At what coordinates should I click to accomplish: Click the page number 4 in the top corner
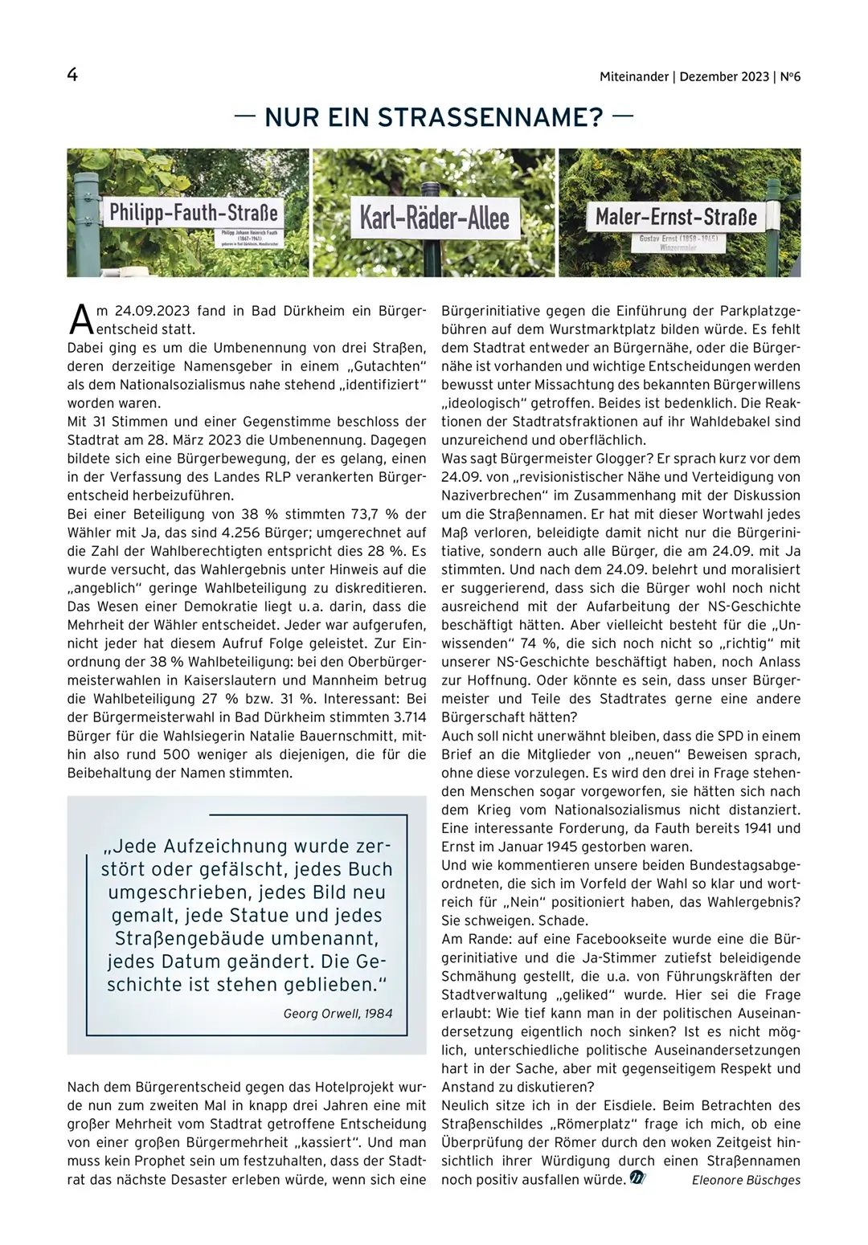pyautogui.click(x=72, y=76)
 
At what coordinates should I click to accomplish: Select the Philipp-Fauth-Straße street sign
pyautogui.click(x=193, y=213)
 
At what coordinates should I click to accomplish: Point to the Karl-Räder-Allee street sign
pyautogui.click(x=434, y=218)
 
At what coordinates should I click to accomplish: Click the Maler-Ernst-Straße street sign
pyautogui.click(x=676, y=217)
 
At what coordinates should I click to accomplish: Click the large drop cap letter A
pyautogui.click(x=80, y=319)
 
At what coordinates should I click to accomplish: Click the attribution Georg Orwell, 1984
pyautogui.click(x=338, y=1013)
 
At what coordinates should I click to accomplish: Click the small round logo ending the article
pyautogui.click(x=637, y=1178)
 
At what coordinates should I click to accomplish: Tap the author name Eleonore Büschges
pyautogui.click(x=746, y=1180)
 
